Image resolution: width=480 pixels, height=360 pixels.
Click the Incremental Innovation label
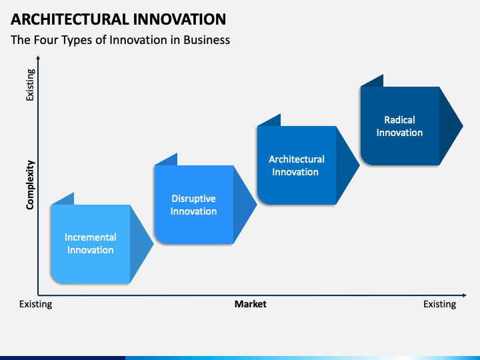point(90,244)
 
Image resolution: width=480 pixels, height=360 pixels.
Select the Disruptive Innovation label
point(193,205)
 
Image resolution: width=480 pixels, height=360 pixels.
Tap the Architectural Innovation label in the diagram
point(296,165)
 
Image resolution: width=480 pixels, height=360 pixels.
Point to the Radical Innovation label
point(399,126)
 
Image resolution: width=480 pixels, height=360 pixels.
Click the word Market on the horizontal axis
point(251,304)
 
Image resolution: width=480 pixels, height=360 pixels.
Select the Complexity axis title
point(30,185)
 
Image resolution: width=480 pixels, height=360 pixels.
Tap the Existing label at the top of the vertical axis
point(30,85)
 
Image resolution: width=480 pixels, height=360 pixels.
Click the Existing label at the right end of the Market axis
point(439,304)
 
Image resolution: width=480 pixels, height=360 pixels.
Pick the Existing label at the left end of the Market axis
point(35,304)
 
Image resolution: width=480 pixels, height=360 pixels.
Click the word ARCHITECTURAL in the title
point(70,19)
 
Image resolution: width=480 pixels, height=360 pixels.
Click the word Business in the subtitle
point(207,40)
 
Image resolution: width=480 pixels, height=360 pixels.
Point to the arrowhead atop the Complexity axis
point(38,57)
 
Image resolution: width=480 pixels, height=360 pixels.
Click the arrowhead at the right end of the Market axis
point(465,295)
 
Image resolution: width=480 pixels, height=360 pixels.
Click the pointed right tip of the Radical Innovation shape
point(463,126)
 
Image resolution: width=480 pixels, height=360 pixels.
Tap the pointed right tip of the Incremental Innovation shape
point(153,244)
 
